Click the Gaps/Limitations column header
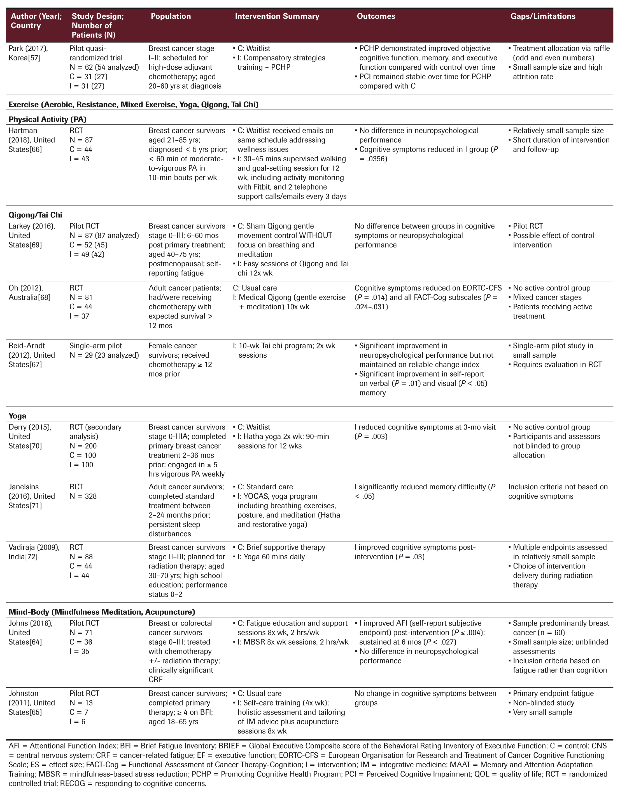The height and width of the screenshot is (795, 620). tap(542, 16)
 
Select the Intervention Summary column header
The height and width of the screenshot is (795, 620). tap(277, 16)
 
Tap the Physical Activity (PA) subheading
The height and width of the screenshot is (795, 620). tap(47, 119)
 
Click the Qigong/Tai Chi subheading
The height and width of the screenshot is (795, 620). tap(35, 215)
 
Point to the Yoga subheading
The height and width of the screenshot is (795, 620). tap(17, 416)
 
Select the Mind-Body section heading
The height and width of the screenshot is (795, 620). tap(102, 612)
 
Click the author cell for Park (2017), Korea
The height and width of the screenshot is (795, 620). tap(28, 53)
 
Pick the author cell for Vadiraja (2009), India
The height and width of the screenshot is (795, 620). tap(34, 552)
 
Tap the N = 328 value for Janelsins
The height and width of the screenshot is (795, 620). tap(83, 496)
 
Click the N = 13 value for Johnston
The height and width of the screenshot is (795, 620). tap(81, 702)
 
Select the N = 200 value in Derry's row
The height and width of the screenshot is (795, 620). tap(83, 446)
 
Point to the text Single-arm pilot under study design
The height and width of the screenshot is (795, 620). tap(95, 346)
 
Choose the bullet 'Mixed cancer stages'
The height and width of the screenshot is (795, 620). tap(547, 298)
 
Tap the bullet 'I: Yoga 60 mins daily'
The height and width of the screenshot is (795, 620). tap(271, 556)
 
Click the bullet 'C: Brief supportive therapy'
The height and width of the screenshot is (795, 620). tap(281, 547)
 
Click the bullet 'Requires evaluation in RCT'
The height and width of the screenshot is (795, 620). tap(557, 364)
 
